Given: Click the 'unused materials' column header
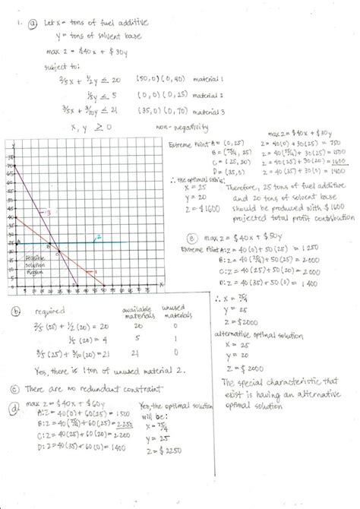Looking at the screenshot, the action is (x=175, y=314).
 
